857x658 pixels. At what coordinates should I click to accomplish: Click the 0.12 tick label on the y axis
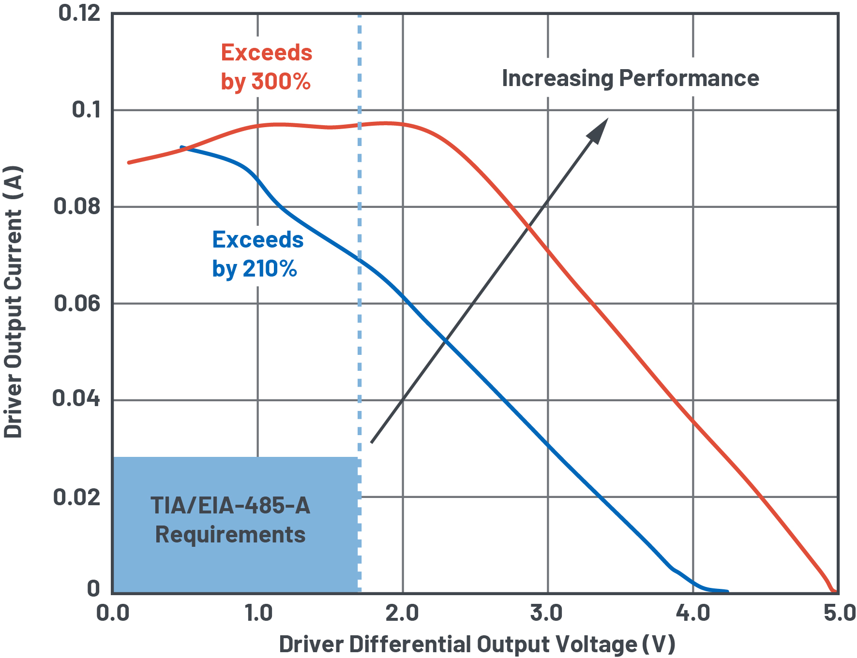tap(79, 13)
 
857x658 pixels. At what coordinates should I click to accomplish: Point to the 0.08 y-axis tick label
tap(77, 206)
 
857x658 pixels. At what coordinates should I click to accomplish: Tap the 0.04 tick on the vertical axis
tap(76, 399)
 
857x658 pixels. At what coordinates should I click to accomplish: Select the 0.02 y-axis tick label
tap(77, 497)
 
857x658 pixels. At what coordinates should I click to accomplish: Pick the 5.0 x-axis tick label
tap(840, 614)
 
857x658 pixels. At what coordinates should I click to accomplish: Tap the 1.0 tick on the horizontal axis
tap(258, 614)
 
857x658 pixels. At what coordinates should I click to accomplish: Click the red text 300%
tap(281, 81)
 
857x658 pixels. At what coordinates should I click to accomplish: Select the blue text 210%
tap(270, 269)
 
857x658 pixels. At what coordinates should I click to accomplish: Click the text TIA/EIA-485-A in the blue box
tap(230, 506)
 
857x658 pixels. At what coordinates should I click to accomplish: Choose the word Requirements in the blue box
tap(230, 535)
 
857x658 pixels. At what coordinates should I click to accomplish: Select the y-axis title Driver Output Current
tap(13, 302)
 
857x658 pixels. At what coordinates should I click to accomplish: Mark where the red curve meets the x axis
tap(833, 591)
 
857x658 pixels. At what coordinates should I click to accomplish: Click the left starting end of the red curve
tap(129, 162)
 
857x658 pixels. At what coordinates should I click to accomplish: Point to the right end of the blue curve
tap(727, 591)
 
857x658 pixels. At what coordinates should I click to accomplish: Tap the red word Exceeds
tap(267, 53)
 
